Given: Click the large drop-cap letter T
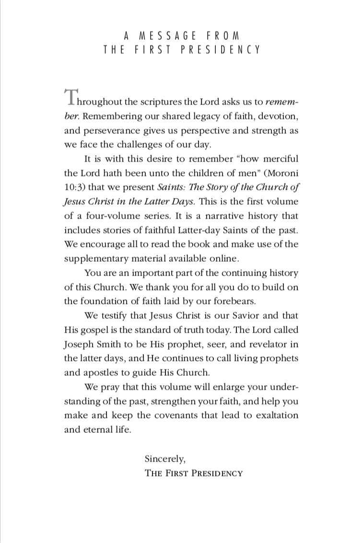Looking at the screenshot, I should tap(70, 97).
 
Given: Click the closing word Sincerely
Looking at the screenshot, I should tap(164, 459).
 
